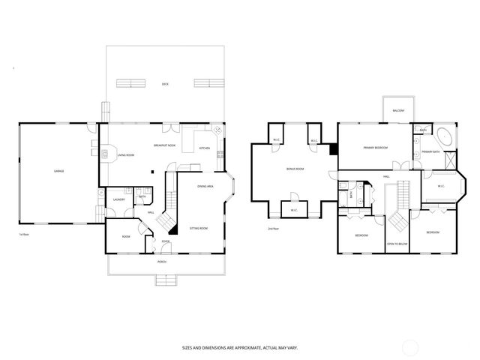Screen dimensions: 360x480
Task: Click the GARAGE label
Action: [x=58, y=172]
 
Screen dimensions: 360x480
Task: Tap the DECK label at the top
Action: [x=165, y=84]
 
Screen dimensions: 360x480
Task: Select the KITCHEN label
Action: [x=204, y=148]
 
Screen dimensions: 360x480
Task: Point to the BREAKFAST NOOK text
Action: [x=165, y=145]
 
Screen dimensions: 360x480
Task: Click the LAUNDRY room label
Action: [x=118, y=199]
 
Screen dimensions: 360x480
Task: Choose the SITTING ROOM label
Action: [x=198, y=228]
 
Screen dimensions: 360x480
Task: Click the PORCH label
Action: [x=161, y=262]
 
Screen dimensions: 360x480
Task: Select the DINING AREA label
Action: [x=206, y=186]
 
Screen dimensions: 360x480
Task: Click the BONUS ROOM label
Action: [x=295, y=169]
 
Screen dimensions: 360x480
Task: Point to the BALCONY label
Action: [x=398, y=111]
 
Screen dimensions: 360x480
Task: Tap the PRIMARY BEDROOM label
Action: [x=375, y=148]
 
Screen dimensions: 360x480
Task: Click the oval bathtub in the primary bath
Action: [x=443, y=138]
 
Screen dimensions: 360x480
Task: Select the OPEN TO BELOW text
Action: [x=397, y=244]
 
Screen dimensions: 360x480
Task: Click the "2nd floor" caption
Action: [x=273, y=228]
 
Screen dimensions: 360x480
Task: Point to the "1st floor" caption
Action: [x=23, y=234]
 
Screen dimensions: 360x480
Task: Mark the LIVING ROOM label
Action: [x=125, y=155]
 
